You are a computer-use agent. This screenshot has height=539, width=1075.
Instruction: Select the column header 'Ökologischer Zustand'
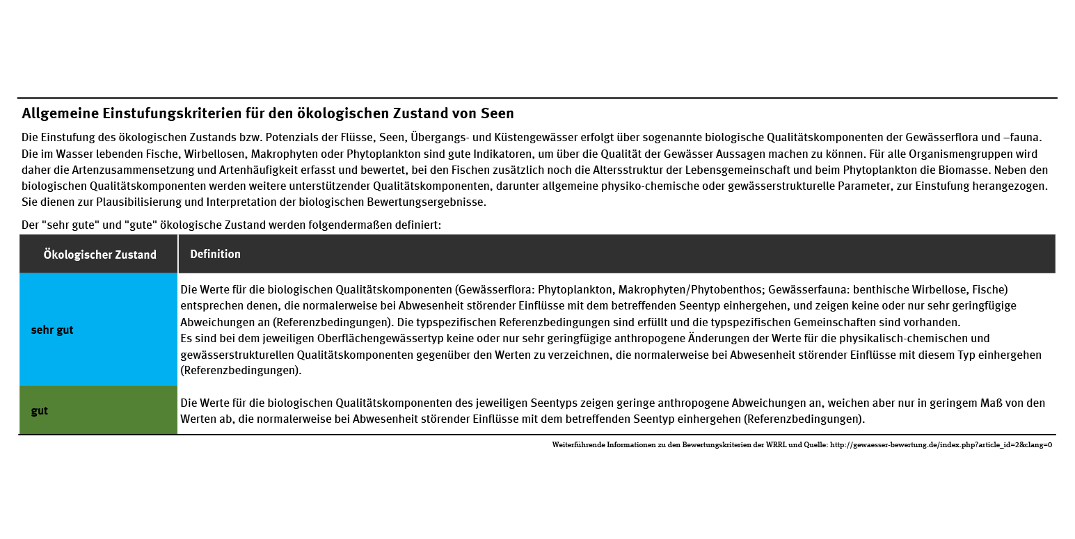point(99,255)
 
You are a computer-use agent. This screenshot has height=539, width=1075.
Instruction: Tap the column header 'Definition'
point(215,254)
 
